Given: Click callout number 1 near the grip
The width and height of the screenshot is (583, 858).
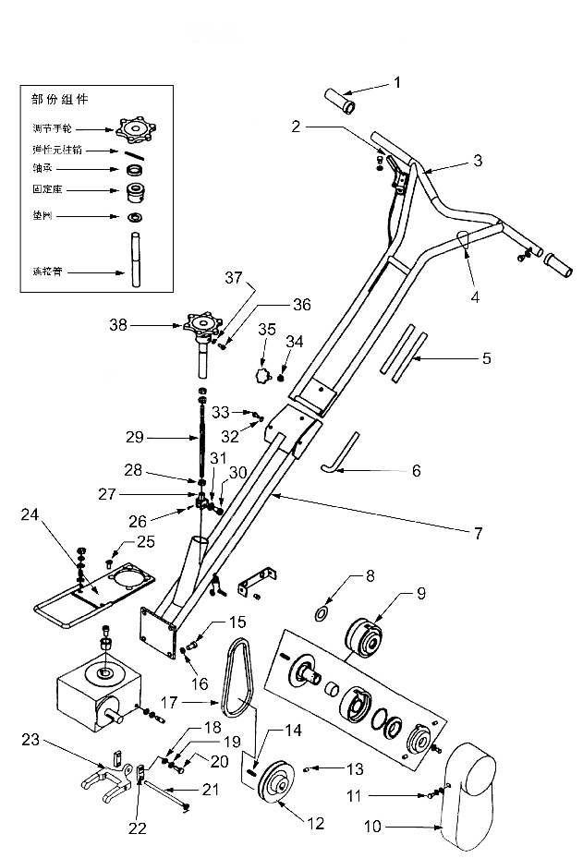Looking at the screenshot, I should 397,82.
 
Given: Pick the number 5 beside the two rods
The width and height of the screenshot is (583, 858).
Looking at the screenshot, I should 486,357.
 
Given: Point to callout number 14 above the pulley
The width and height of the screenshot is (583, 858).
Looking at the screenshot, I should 293,730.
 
